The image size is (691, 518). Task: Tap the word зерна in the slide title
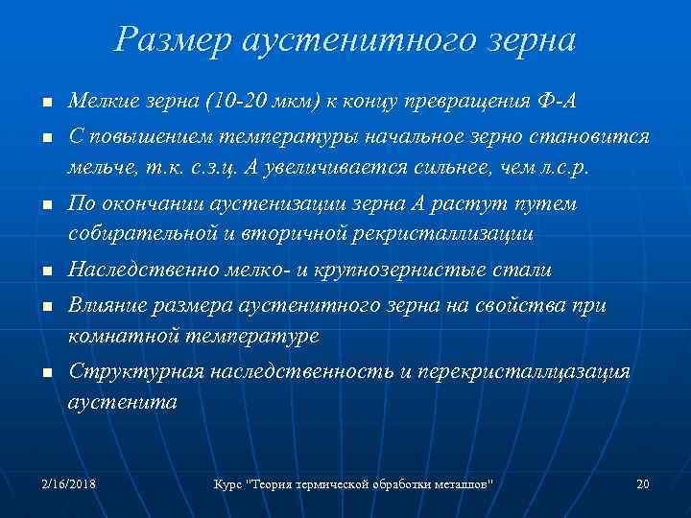coord(532,40)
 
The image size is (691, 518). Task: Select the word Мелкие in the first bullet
coord(101,102)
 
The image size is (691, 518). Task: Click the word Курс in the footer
coord(228,483)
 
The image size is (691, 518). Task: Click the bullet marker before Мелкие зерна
coord(46,104)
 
